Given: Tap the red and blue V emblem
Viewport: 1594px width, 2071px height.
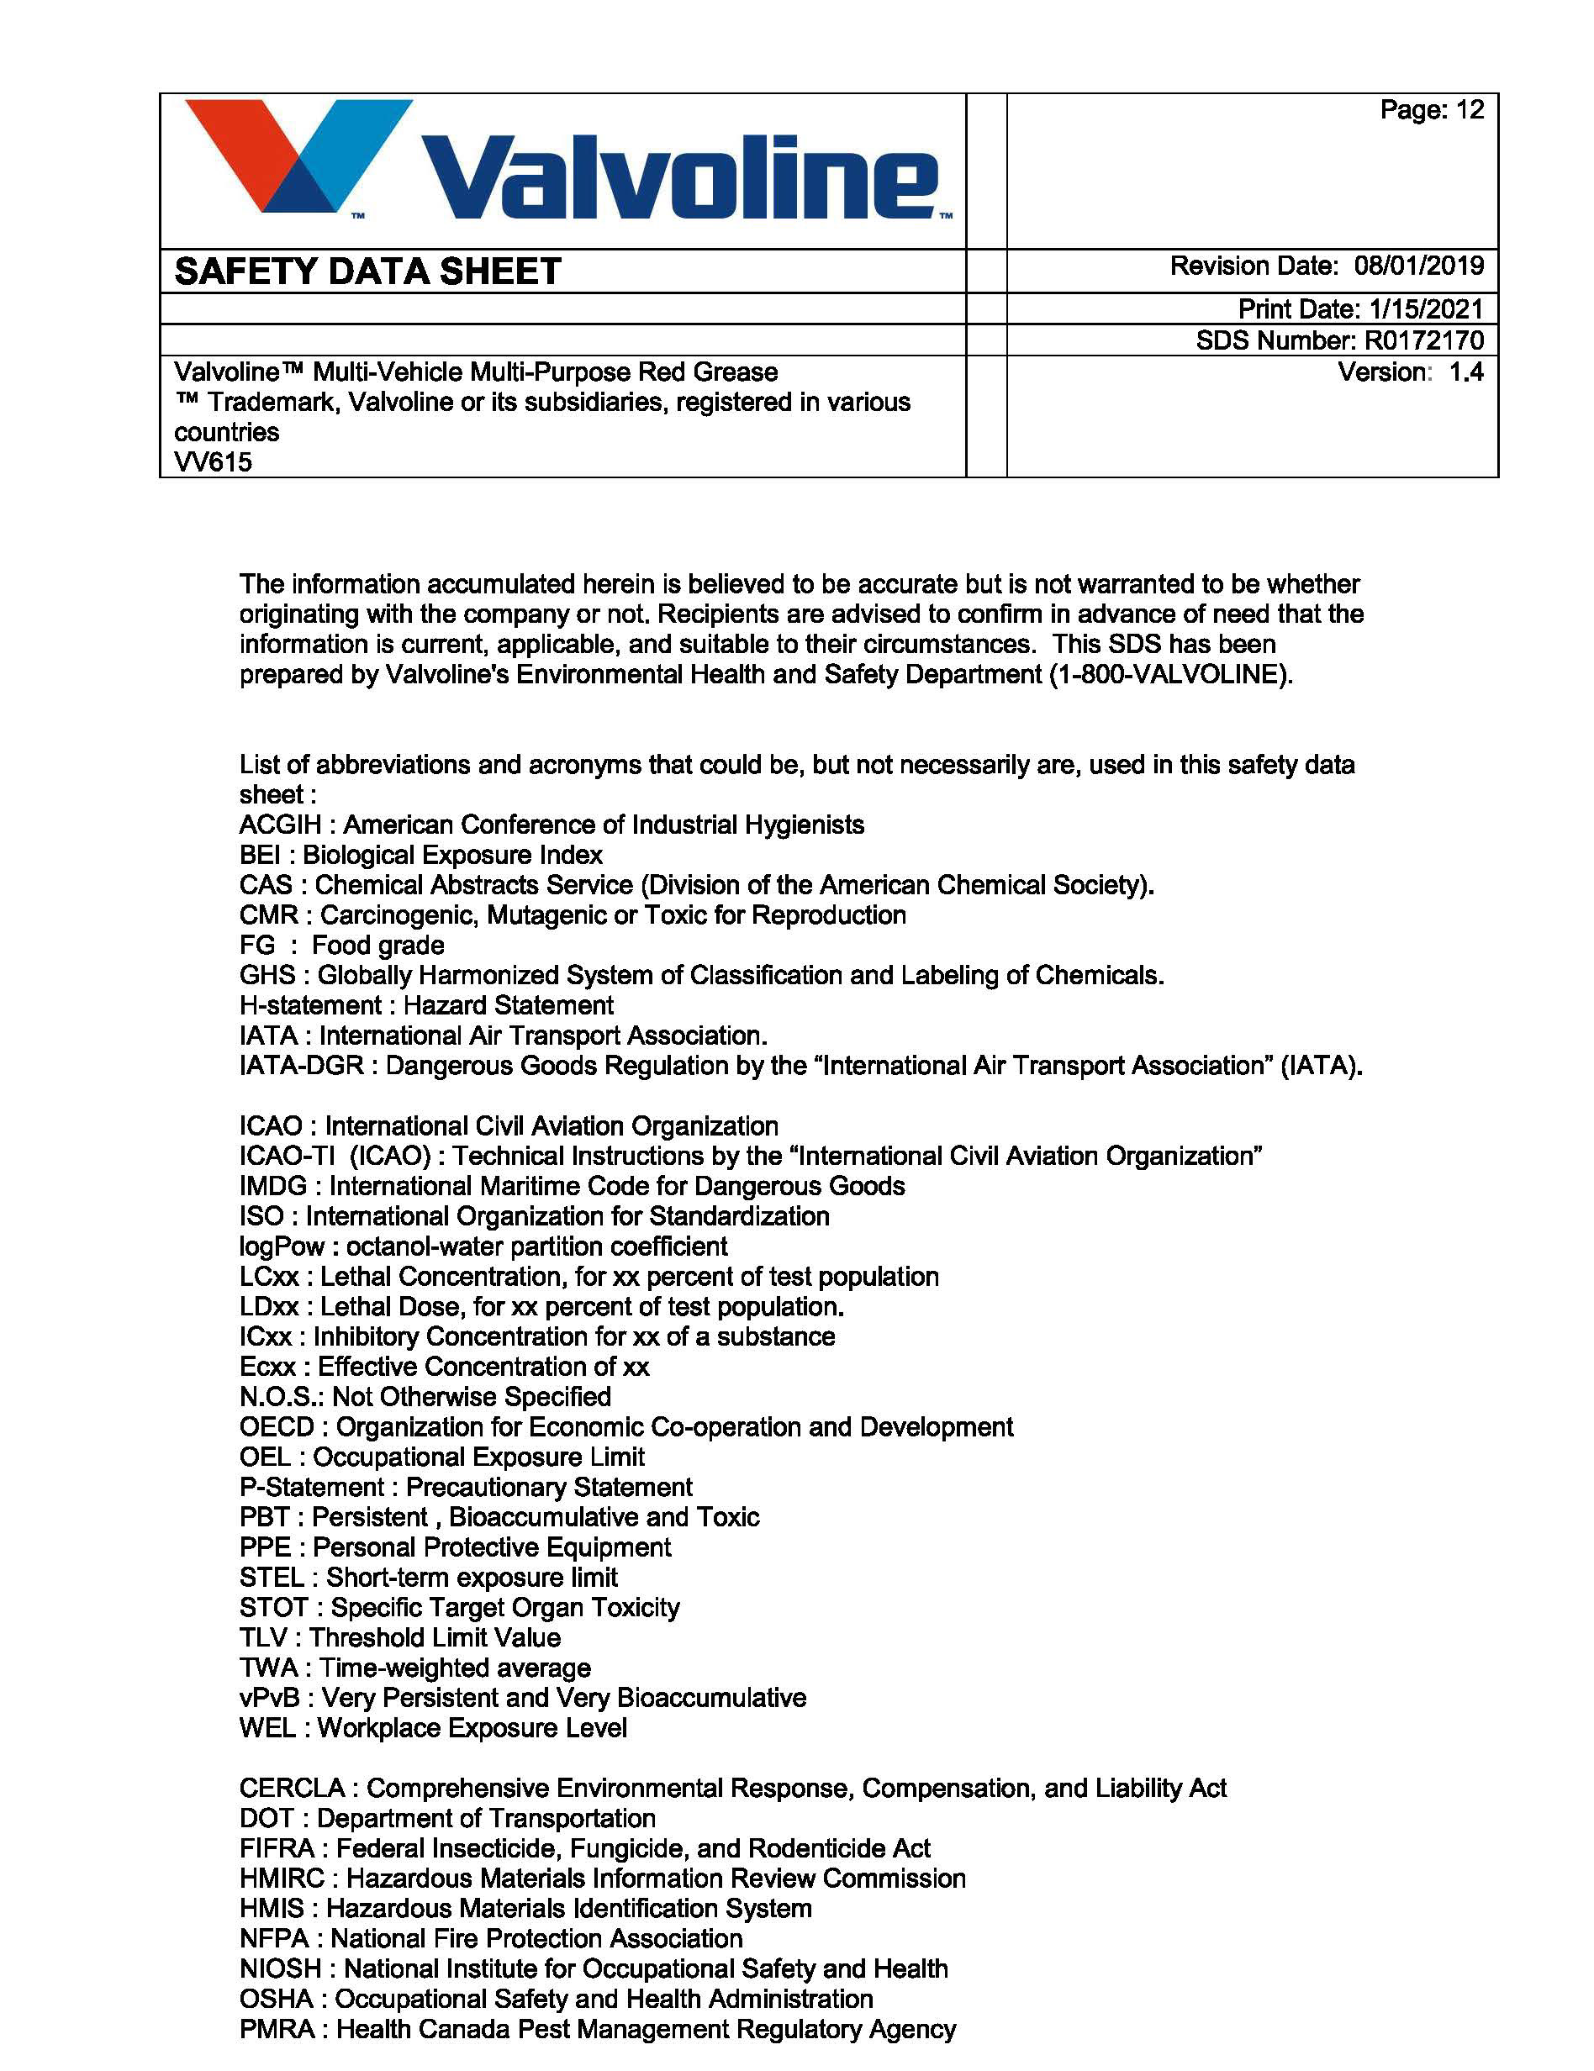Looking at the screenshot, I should point(296,155).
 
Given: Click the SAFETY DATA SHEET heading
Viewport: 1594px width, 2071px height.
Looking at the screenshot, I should point(368,272).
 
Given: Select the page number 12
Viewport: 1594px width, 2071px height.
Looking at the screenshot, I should point(1470,110).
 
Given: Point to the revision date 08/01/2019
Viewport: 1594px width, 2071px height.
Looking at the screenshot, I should point(1418,266).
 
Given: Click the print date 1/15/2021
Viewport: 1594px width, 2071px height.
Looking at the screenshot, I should point(1426,308).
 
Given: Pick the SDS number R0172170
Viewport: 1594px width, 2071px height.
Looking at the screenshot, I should point(1424,340).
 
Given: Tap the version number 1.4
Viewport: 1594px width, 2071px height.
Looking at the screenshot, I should point(1466,372).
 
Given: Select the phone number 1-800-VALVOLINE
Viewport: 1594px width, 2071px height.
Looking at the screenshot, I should point(1170,674).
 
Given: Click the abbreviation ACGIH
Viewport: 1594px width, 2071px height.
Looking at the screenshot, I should point(280,825).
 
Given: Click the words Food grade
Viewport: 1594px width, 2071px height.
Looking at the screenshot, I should point(377,946).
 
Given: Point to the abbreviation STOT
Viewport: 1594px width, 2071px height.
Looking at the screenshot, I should point(274,1607).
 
